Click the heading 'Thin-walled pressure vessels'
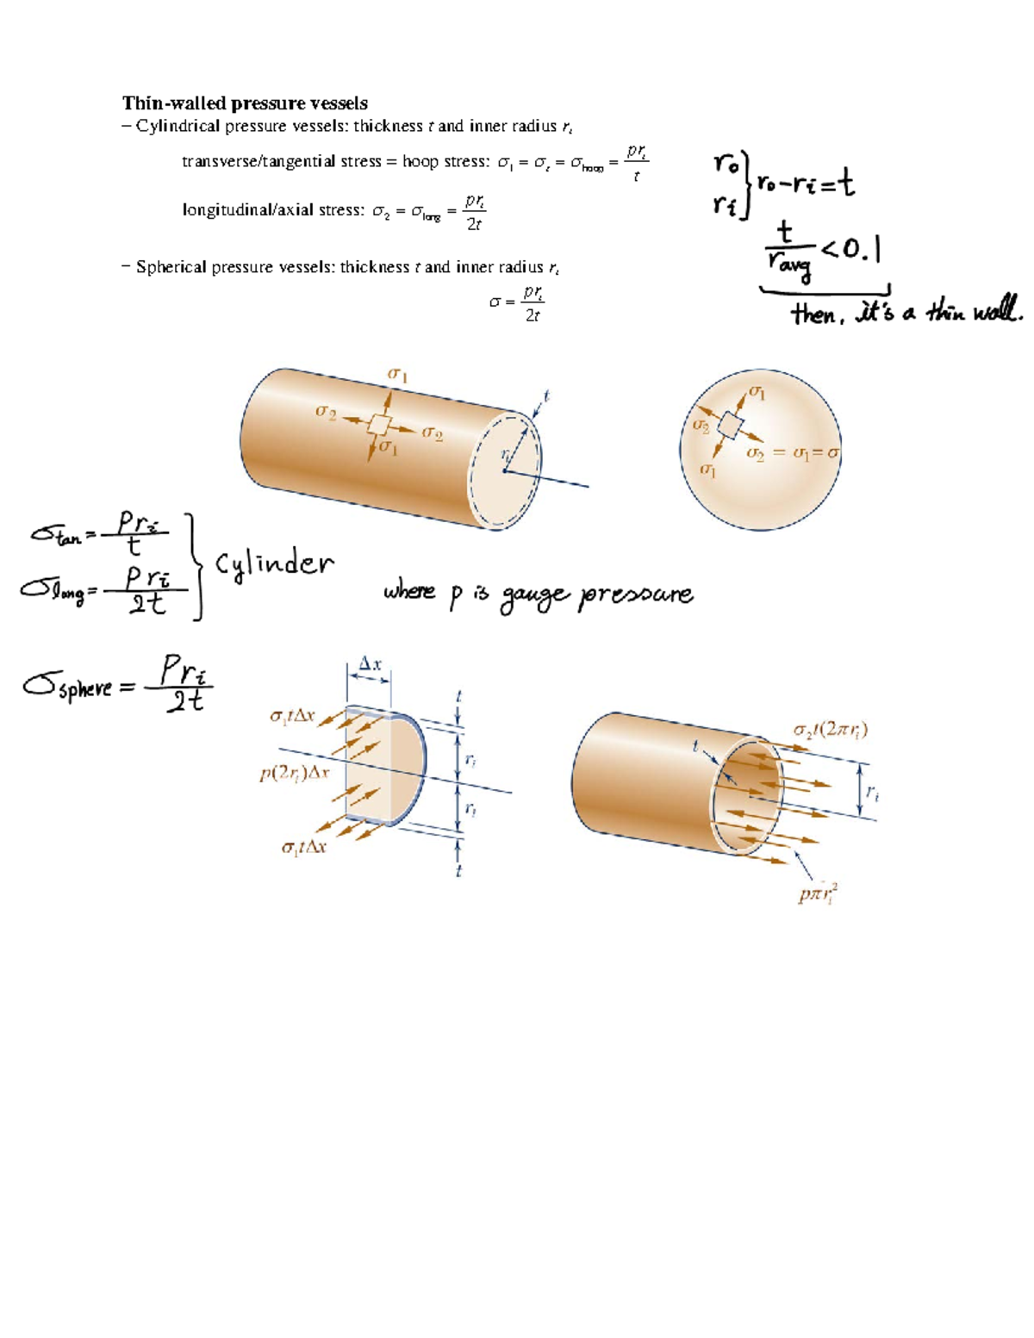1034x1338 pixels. [245, 103]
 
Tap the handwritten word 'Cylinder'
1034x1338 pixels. [274, 565]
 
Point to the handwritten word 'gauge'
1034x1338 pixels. [535, 594]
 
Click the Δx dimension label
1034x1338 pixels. [370, 664]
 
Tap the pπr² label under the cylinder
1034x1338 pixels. [818, 893]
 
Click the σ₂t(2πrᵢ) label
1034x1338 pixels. [831, 731]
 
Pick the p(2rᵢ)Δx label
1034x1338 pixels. [295, 773]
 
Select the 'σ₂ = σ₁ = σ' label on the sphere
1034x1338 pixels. [793, 453]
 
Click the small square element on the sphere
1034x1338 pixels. [730, 426]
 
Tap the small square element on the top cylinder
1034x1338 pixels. [379, 424]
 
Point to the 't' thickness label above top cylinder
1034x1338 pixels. [546, 396]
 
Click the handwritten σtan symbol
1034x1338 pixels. [57, 535]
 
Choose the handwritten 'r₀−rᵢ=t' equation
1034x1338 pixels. [806, 184]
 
